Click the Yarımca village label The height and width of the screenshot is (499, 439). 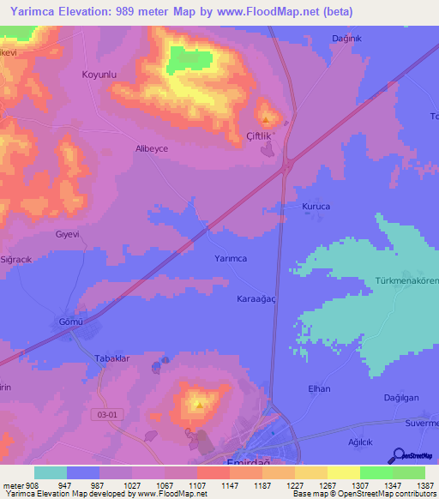(x=230, y=258)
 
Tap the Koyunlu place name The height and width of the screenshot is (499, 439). (x=99, y=75)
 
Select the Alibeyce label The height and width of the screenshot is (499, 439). (x=151, y=148)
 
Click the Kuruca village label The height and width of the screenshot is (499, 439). (x=316, y=207)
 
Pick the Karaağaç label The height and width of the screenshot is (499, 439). (x=256, y=299)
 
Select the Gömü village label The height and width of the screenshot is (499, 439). (x=70, y=321)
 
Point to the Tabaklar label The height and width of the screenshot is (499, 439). (x=111, y=358)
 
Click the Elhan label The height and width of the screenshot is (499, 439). (x=319, y=388)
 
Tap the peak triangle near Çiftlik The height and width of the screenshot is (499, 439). (x=266, y=119)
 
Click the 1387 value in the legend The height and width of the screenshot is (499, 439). (x=426, y=484)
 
